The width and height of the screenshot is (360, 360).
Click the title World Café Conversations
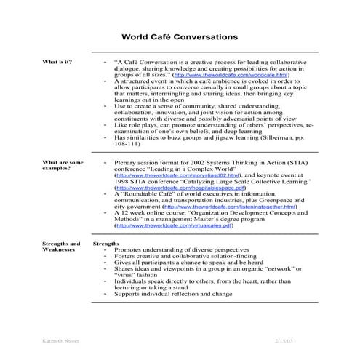(179, 35)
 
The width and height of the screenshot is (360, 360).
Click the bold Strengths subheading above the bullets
(107, 243)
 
